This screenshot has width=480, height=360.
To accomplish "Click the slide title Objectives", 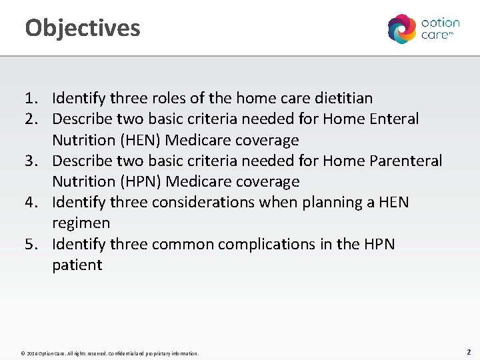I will tap(83, 28).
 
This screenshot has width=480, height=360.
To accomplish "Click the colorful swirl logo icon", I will tap(402, 29).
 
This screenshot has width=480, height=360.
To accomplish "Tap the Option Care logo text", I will tap(440, 29).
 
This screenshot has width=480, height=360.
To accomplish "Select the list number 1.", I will tap(31, 99).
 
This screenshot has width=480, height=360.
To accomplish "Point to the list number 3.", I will tap(31, 161).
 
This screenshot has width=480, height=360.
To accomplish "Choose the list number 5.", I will tap(31, 244).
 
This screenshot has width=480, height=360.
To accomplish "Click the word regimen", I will tap(81, 223).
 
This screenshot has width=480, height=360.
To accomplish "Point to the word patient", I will tap(77, 265).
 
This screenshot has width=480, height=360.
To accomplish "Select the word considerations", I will tap(207, 202).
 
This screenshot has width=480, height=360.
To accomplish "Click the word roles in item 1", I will tap(162, 99).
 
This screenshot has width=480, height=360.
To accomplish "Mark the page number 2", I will tap(469, 351).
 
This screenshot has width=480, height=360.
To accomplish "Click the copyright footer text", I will tap(109, 353).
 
